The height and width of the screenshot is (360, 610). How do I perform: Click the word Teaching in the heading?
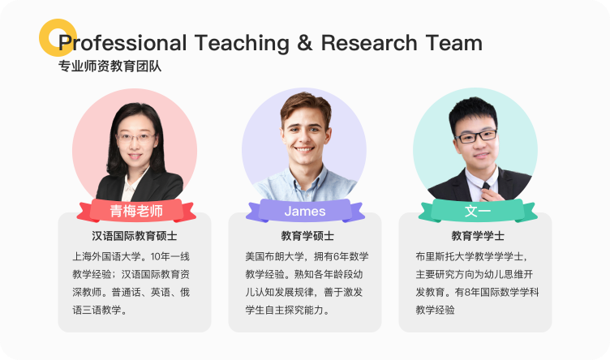click(242, 43)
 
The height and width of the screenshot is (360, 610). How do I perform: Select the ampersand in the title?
click(305, 43)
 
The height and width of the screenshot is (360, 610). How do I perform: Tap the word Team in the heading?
click(453, 43)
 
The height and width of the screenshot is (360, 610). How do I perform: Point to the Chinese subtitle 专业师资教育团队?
click(110, 66)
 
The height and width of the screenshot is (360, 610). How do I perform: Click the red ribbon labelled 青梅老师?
click(136, 211)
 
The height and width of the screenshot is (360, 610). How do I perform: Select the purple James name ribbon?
click(305, 211)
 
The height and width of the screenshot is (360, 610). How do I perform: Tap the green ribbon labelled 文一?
click(478, 211)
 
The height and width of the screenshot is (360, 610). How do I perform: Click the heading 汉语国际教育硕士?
click(135, 236)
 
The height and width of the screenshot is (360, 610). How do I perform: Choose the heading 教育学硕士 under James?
click(307, 236)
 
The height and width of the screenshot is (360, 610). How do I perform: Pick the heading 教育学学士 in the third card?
click(478, 236)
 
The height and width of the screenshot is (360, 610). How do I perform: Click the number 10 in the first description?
click(155, 256)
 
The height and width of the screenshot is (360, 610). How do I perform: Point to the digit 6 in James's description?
click(336, 256)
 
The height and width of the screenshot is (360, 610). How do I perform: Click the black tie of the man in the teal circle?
click(486, 187)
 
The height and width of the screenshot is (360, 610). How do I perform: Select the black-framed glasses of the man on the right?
click(476, 136)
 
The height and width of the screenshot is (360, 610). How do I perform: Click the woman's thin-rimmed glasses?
click(135, 137)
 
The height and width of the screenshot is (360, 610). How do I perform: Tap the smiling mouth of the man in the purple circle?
click(304, 149)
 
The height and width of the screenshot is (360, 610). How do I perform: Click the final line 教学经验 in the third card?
click(435, 310)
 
